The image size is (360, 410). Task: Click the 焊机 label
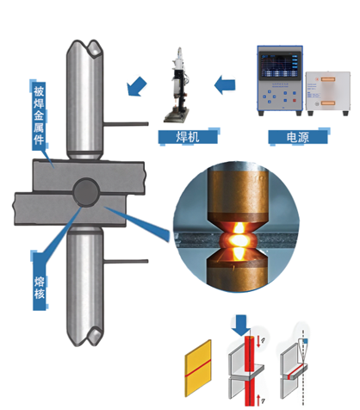click(x=188, y=136)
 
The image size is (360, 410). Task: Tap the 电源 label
click(x=298, y=137)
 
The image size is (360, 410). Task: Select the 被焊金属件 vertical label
click(x=39, y=115)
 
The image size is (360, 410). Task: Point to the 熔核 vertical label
click(x=40, y=288)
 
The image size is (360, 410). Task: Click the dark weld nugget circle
click(x=86, y=192)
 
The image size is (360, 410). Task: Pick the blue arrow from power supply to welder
click(x=225, y=85)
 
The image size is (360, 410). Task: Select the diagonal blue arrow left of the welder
click(x=137, y=86)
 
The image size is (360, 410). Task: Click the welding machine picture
click(x=177, y=85)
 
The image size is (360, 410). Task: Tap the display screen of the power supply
click(x=280, y=65)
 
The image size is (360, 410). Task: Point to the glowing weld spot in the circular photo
click(x=238, y=239)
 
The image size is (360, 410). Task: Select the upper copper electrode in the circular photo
click(x=238, y=196)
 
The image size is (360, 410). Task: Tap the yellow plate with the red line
click(x=198, y=368)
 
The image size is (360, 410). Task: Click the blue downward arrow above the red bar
click(x=241, y=326)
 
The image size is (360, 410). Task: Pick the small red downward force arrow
click(x=258, y=342)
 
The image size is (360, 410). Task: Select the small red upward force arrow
click(x=258, y=400)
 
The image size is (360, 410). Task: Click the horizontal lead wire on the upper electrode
click(x=126, y=124)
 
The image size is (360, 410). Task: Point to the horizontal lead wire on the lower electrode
click(x=126, y=262)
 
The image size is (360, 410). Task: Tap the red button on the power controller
click(x=295, y=101)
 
